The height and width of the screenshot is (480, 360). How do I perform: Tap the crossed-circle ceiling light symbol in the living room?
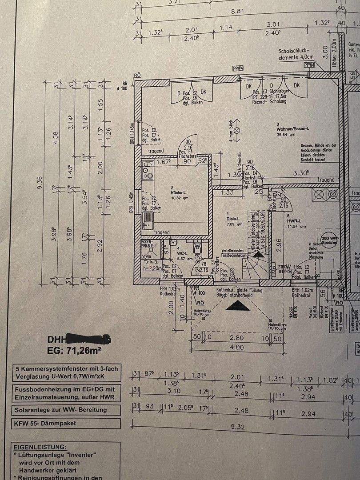click(x=237, y=131)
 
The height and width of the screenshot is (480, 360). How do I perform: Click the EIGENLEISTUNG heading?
click(x=40, y=446)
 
